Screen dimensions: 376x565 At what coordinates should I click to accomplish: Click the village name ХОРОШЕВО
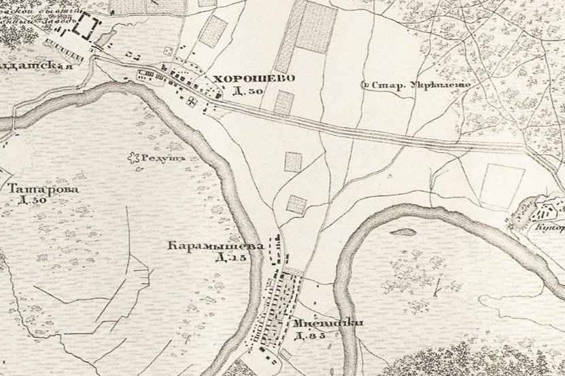(254, 79)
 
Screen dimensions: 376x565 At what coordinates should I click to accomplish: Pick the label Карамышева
(214, 247)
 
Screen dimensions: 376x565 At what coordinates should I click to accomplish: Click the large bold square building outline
(86, 29)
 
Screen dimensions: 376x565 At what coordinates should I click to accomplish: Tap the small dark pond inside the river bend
(403, 231)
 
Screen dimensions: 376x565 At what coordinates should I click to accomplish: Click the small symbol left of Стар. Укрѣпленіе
(366, 86)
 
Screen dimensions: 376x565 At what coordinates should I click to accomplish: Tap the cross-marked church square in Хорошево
(193, 101)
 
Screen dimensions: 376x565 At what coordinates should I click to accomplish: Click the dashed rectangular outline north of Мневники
(277, 249)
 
